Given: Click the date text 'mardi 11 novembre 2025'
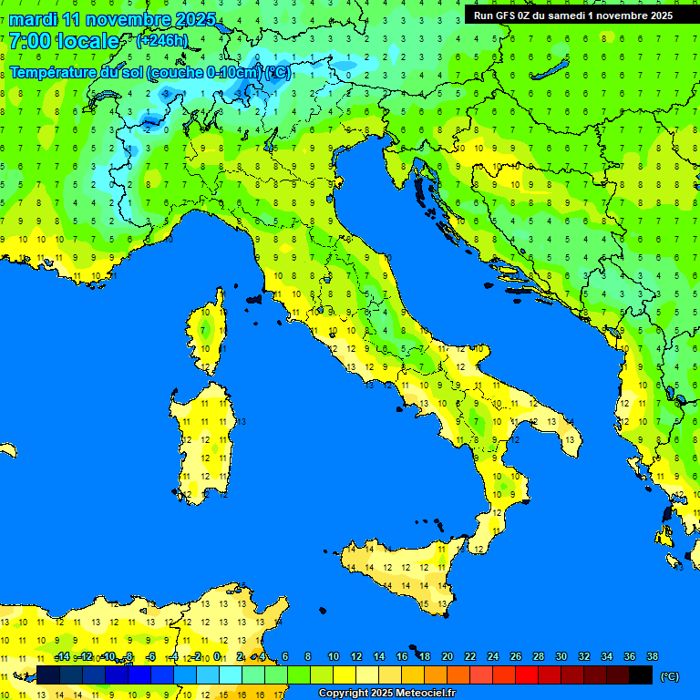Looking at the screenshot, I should tap(113, 19).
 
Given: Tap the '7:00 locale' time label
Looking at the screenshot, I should tap(64, 41).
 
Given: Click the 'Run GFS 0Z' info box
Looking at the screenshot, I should tap(572, 15).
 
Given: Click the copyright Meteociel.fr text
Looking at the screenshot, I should tap(386, 694).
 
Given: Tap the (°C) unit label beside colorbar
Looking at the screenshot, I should tap(669, 676).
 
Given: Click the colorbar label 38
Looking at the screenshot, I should tap(652, 657).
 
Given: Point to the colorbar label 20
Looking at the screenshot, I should tap(447, 657).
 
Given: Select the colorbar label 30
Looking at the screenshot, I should tap(561, 657).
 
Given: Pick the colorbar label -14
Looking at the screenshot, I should tap(62, 657).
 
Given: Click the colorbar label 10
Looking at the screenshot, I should tap(334, 657).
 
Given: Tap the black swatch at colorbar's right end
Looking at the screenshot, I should tap(641, 675).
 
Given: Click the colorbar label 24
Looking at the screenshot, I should tap(492, 657).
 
